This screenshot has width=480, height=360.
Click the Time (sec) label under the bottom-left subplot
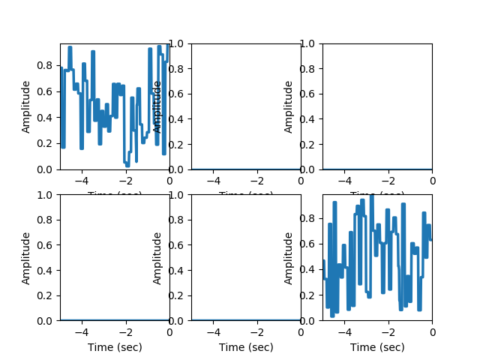[x=115, y=347]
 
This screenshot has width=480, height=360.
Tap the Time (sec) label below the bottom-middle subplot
[x=246, y=347]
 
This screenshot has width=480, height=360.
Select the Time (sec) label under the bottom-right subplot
[x=377, y=347]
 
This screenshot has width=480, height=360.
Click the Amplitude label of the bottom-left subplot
[x=26, y=258]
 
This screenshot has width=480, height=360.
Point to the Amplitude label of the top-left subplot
[x=26, y=106]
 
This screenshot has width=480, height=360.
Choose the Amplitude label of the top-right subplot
[x=289, y=106]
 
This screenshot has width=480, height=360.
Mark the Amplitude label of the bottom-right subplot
[x=289, y=258]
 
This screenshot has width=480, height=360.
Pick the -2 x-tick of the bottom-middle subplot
[x=255, y=331]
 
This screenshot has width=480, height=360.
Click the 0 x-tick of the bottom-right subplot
[x=432, y=331]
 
